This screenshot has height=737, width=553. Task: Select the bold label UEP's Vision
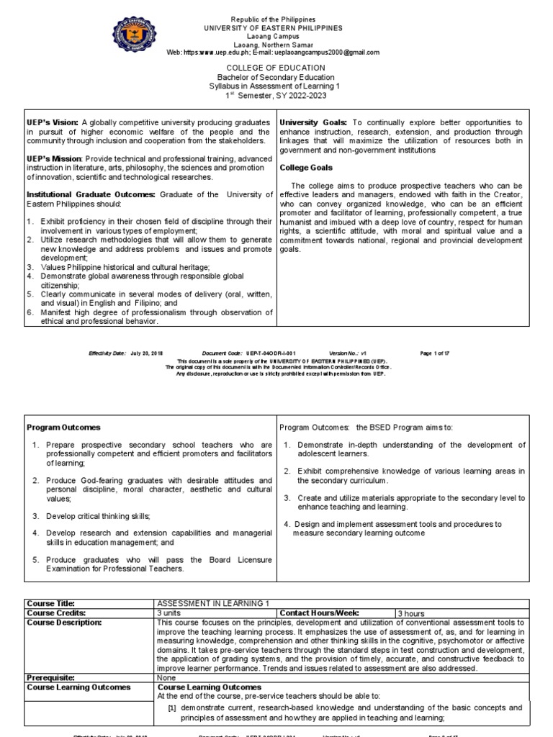[52, 123]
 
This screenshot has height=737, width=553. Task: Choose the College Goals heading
[306, 168]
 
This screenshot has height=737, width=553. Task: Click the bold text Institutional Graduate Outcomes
[91, 194]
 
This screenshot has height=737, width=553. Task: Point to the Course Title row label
[50, 603]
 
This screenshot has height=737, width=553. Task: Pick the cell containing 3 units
[169, 612]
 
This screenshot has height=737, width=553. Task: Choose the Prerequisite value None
[166, 677]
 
